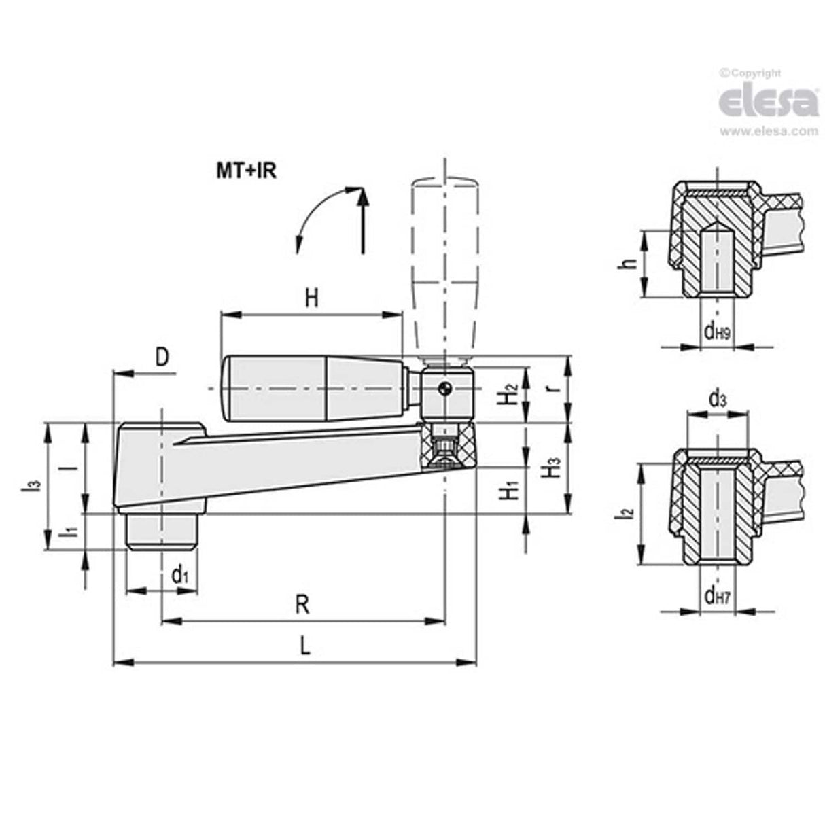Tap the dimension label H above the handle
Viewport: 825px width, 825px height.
(x=311, y=298)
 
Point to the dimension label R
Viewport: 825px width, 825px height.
(x=302, y=603)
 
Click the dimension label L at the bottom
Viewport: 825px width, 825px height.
(x=305, y=645)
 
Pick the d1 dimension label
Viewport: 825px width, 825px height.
(x=179, y=576)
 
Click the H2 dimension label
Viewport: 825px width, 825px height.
(x=511, y=394)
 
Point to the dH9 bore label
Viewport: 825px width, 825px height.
(x=716, y=332)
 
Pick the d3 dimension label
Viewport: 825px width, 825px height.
(x=717, y=400)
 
